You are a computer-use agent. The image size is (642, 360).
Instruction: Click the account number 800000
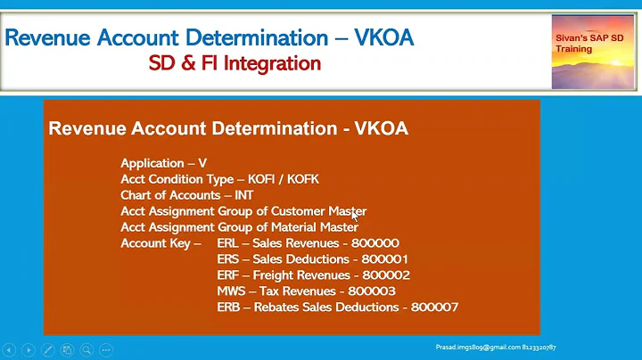pyautogui.click(x=376, y=243)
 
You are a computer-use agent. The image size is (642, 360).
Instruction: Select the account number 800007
pyautogui.click(x=436, y=307)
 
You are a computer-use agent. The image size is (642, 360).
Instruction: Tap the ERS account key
pyautogui.click(x=228, y=259)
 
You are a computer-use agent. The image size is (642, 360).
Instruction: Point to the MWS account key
pyautogui.click(x=231, y=291)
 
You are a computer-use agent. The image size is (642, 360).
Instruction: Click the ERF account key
pyautogui.click(x=228, y=275)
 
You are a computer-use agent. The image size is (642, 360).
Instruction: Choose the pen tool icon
pyautogui.click(x=48, y=350)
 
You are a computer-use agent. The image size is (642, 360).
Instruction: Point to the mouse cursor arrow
pyautogui.click(x=355, y=215)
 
